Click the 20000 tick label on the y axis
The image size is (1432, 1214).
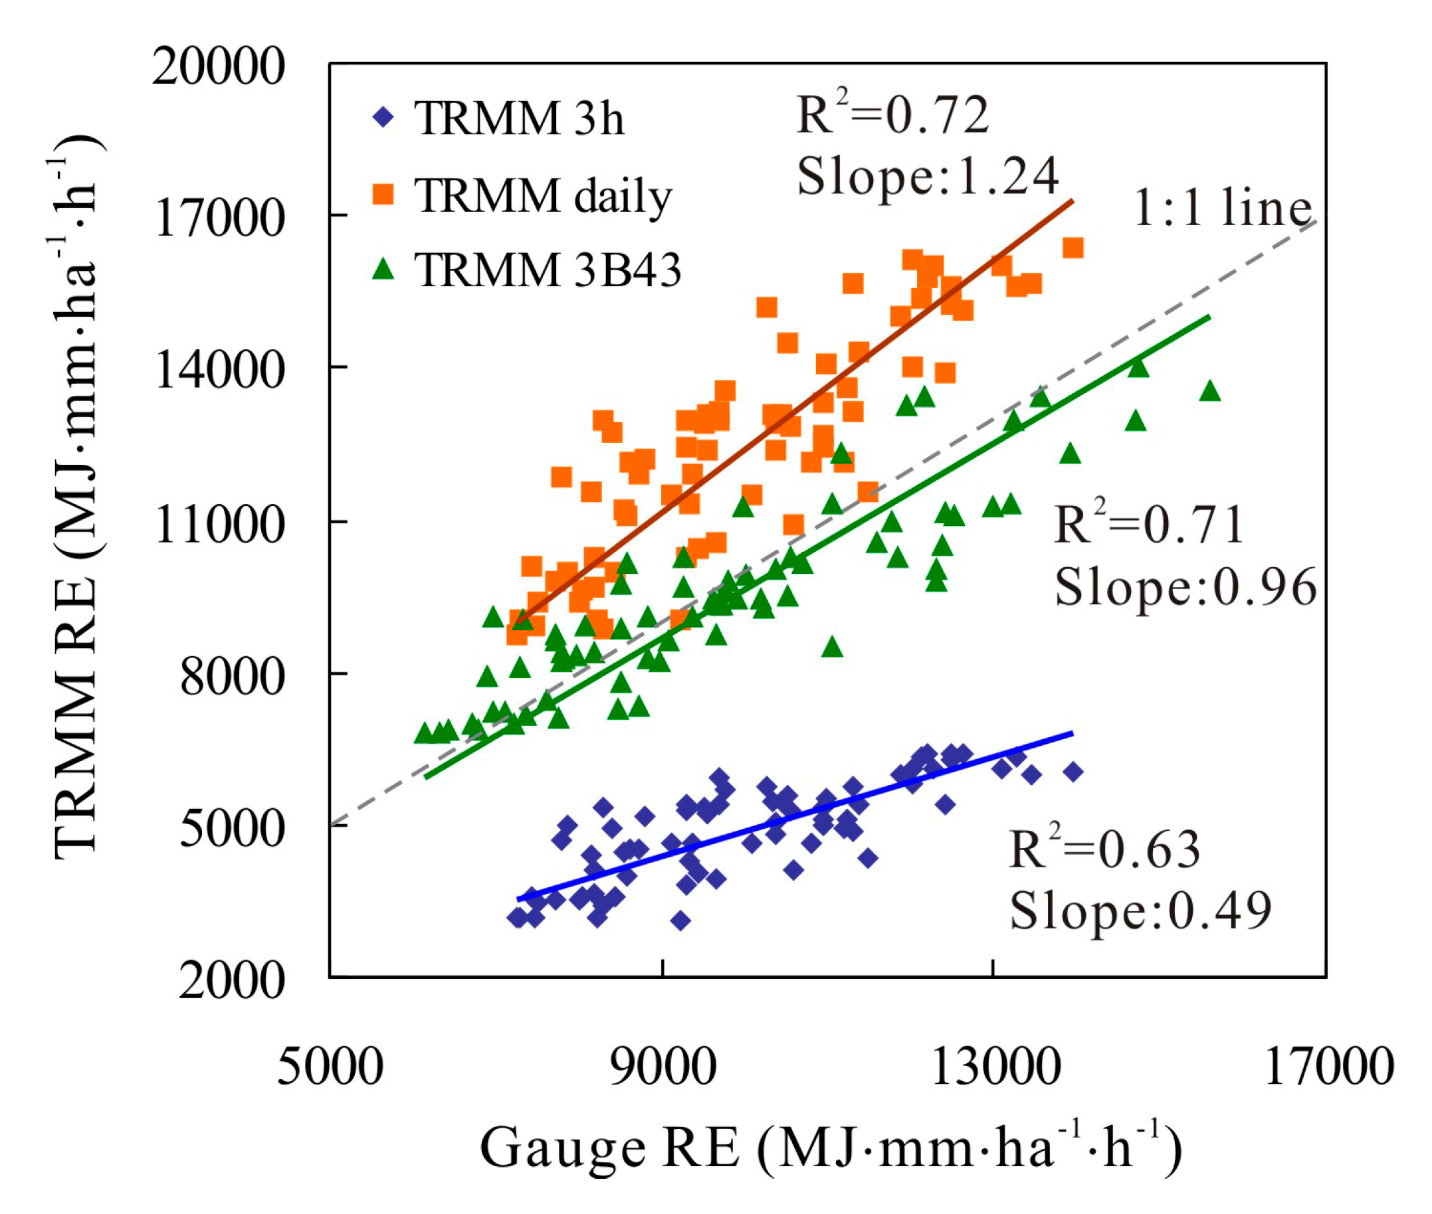217,67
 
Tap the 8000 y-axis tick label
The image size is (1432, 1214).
232,677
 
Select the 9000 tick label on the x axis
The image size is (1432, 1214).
663,1067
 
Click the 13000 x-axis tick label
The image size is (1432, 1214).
995,1067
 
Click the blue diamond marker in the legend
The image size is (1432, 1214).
383,117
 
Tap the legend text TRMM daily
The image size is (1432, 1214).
542,196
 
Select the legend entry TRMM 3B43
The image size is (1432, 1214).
548,270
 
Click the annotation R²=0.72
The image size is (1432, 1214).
892,115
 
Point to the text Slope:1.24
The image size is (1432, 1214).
927,177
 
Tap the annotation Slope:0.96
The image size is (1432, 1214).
1185,588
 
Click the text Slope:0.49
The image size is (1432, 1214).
1140,911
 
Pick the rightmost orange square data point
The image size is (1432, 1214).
1073,248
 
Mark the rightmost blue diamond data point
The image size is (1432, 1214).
1073,772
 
